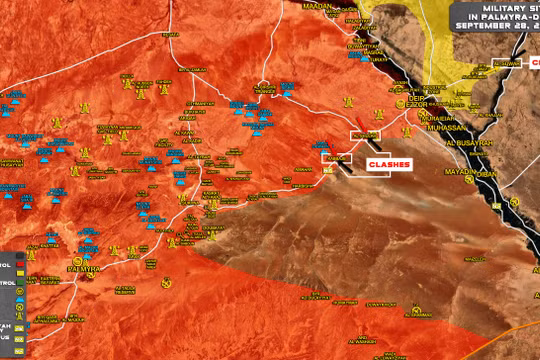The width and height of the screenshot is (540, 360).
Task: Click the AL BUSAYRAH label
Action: point(476,143)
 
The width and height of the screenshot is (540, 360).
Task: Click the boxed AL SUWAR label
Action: point(507,63)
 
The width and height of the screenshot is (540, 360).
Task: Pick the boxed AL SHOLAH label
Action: point(364,133)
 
